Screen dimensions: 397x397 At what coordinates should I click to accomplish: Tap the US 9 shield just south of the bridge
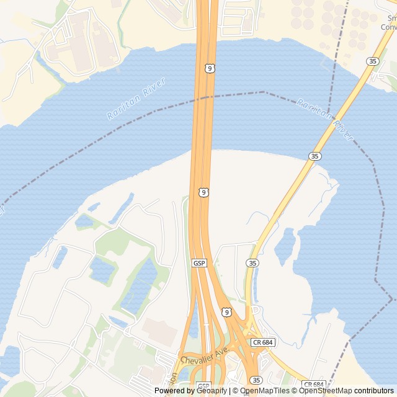pyautogui.click(x=203, y=192)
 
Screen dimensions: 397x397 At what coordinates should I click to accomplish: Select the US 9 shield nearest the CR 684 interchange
pyautogui.click(x=226, y=311)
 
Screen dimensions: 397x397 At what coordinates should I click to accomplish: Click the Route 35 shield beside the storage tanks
pyautogui.click(x=372, y=61)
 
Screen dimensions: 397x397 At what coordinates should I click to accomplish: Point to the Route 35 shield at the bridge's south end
pyautogui.click(x=314, y=156)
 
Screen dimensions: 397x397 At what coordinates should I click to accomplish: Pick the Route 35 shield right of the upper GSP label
pyautogui.click(x=252, y=264)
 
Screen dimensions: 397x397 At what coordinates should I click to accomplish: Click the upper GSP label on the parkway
pyautogui.click(x=199, y=264)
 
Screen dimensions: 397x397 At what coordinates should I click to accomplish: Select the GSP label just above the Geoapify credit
pyautogui.click(x=203, y=385)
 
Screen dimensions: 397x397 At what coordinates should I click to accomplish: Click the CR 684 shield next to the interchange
pyautogui.click(x=263, y=342)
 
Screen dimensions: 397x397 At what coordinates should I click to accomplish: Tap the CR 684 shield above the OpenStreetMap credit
pyautogui.click(x=314, y=385)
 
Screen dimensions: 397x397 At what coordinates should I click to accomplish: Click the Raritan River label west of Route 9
pyautogui.click(x=136, y=98)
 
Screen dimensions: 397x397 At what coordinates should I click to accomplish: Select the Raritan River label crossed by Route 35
pyautogui.click(x=324, y=116)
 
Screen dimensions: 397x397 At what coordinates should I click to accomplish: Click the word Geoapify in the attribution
pyautogui.click(x=212, y=391)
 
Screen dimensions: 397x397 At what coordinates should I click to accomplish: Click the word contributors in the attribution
pyautogui.click(x=374, y=391)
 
